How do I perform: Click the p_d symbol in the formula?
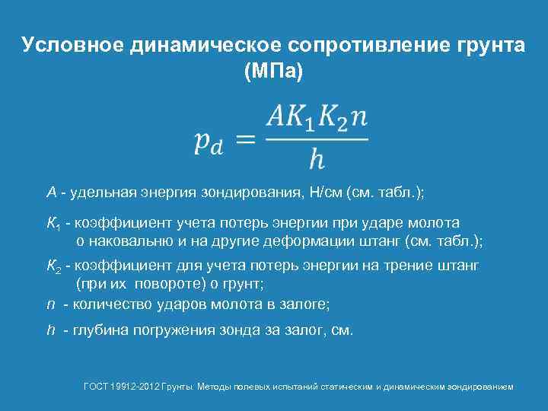(208, 142)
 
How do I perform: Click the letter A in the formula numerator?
(276, 118)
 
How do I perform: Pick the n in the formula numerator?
(360, 119)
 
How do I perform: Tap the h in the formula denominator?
(316, 161)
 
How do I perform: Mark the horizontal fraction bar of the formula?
(316, 139)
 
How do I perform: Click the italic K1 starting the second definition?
(53, 224)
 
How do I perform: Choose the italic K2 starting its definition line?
(53, 267)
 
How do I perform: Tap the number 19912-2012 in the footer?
(134, 387)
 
